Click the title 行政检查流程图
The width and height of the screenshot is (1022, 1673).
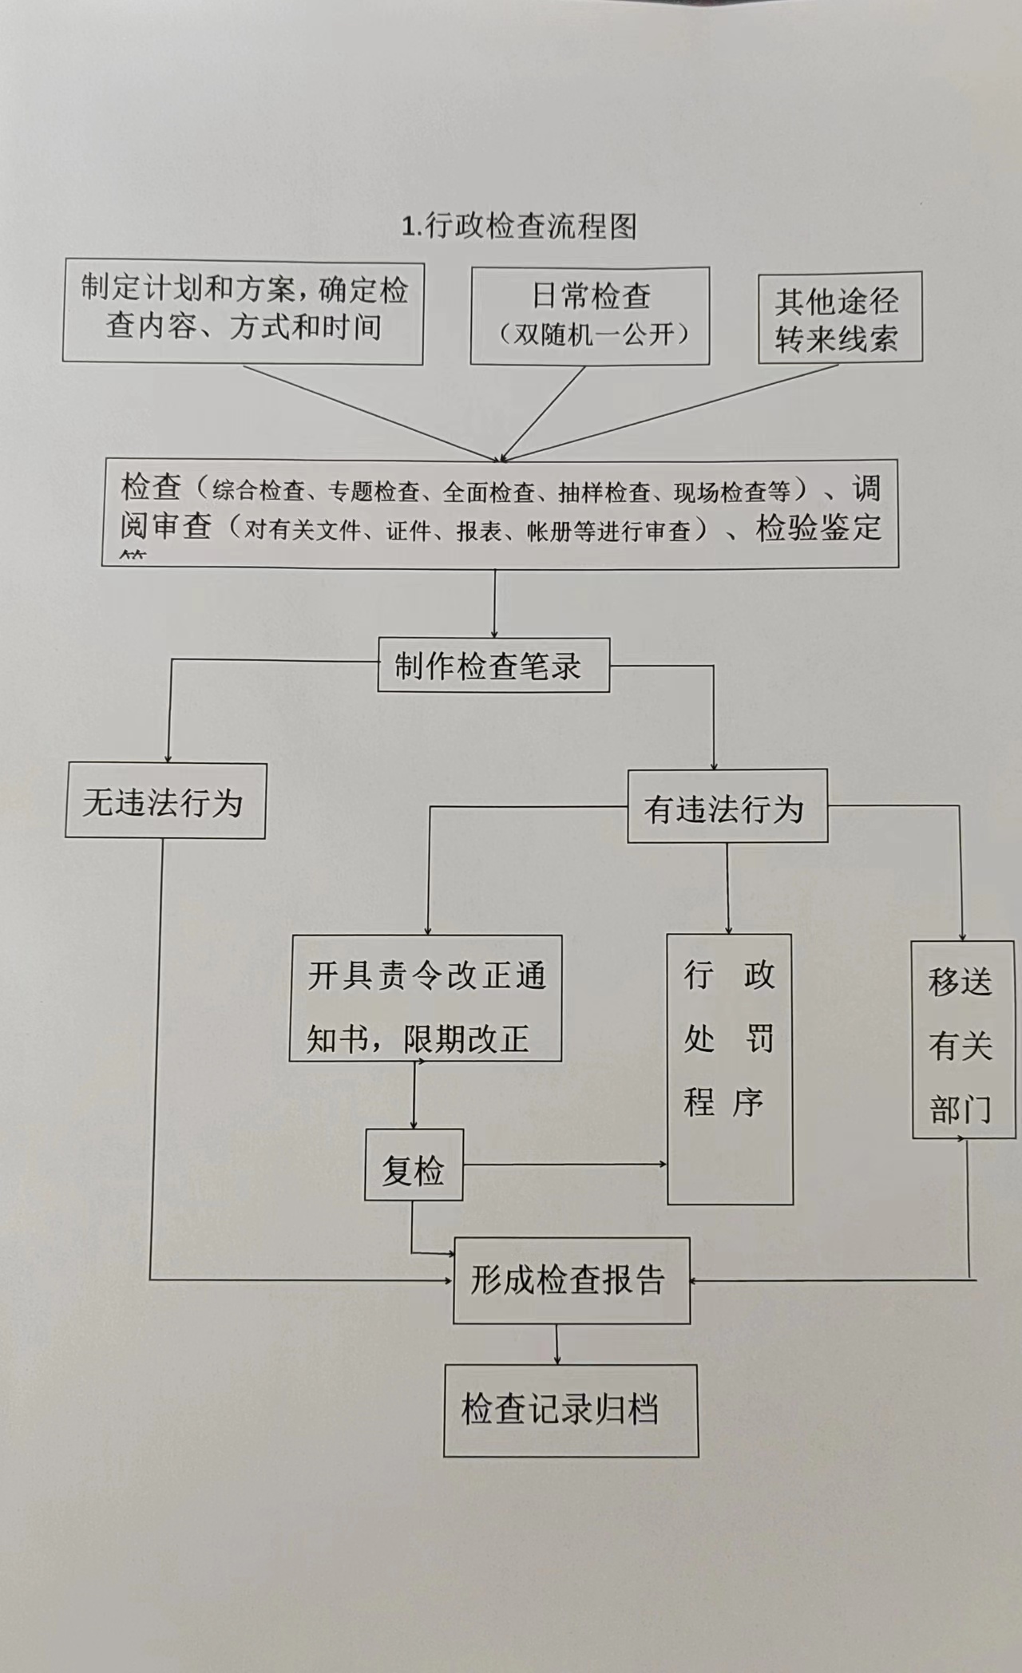pyautogui.click(x=520, y=227)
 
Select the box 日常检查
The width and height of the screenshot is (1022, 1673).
pyautogui.click(x=590, y=315)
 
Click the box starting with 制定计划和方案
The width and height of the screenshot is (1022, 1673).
pyautogui.click(x=244, y=310)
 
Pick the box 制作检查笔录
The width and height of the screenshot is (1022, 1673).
pyautogui.click(x=493, y=666)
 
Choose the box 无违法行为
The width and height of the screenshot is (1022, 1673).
pyautogui.click(x=164, y=801)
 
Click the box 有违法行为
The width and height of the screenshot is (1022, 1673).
pyautogui.click(x=727, y=807)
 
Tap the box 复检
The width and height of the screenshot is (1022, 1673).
pyautogui.click(x=414, y=1166)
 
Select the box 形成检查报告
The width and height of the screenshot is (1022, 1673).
pyautogui.click(x=571, y=1281)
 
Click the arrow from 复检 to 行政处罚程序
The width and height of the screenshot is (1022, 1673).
pyautogui.click(x=564, y=1165)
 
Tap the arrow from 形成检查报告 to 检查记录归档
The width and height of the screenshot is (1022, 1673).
pyautogui.click(x=557, y=1344)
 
